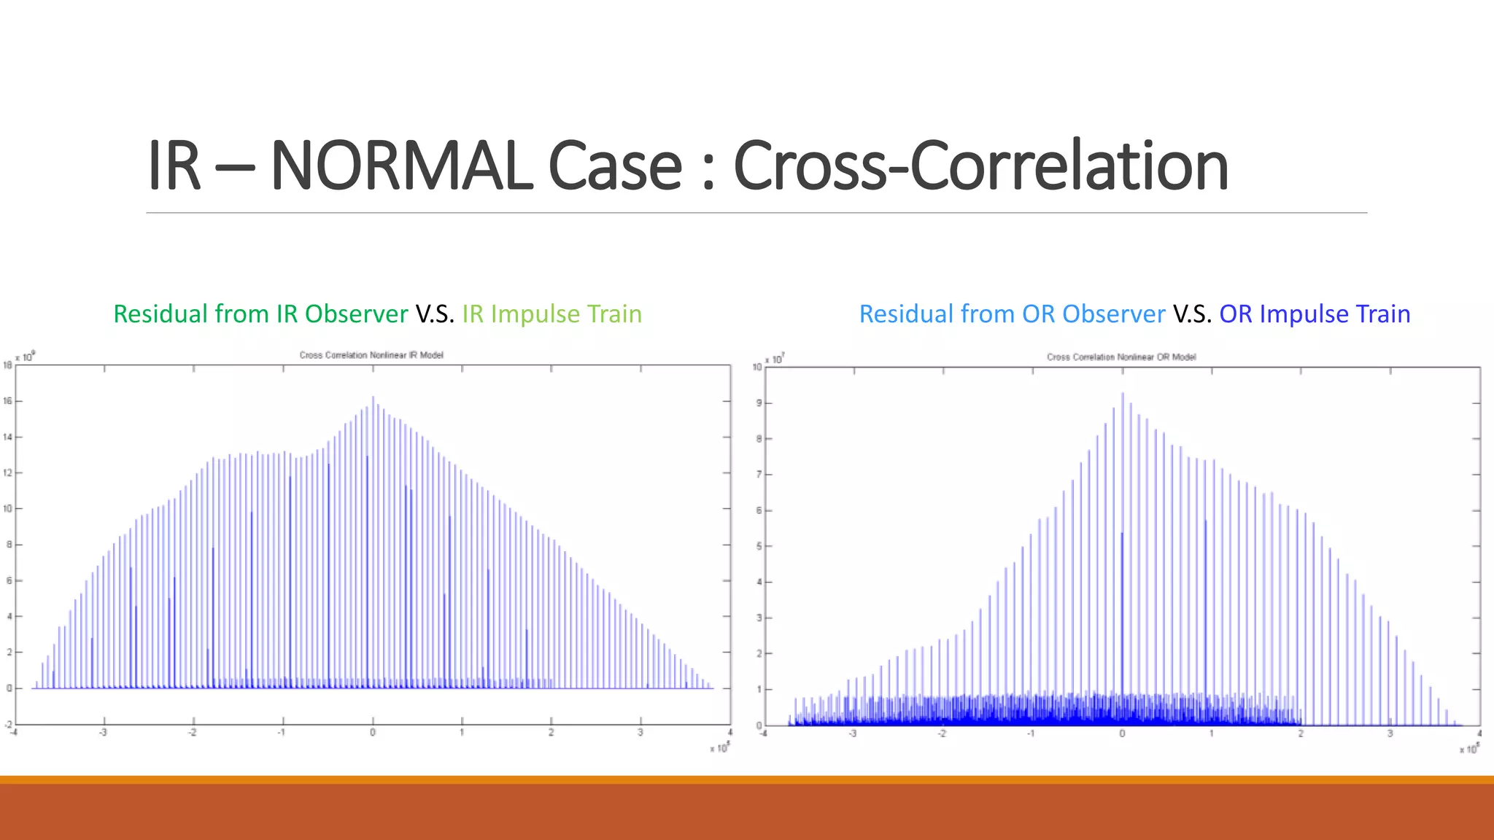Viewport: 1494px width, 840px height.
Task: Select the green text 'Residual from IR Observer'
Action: click(260, 314)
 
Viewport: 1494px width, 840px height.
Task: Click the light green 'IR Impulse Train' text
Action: click(551, 314)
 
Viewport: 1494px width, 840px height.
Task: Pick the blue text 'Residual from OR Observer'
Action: click(1012, 314)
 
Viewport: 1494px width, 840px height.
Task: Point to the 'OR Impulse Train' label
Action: click(1315, 314)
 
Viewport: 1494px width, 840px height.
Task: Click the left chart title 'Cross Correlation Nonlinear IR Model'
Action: click(371, 355)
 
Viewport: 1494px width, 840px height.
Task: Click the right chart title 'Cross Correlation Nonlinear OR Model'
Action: click(1121, 357)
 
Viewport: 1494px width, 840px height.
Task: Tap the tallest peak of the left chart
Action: click(373, 398)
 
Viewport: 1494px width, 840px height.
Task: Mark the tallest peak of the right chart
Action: click(1122, 394)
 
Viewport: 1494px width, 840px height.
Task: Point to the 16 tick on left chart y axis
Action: click(8, 401)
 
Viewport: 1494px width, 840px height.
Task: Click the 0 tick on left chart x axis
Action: click(373, 732)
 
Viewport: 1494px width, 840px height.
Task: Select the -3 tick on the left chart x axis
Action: click(103, 732)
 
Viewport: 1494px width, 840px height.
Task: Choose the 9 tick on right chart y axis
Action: click(759, 403)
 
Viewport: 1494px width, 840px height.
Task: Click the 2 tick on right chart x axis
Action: click(1301, 734)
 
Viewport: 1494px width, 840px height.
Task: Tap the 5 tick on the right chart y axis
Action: click(759, 546)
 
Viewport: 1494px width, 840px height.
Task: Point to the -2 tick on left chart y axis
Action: click(8, 724)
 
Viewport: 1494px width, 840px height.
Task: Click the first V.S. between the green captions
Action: click(435, 314)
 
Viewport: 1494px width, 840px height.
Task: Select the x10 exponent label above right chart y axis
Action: click(775, 359)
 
